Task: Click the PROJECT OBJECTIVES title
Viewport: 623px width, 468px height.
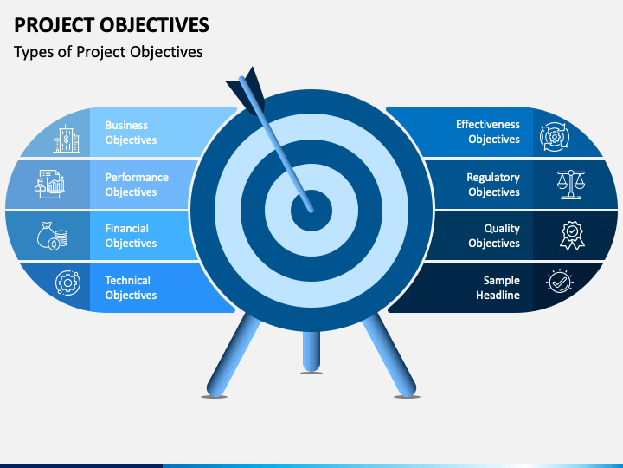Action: (112, 25)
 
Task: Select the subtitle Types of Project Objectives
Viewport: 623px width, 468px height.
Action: (108, 52)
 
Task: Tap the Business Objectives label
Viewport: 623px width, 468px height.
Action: (131, 133)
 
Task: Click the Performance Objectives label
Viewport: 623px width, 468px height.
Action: (137, 185)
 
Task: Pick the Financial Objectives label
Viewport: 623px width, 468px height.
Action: (131, 236)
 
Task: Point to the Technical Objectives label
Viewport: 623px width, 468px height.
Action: (131, 288)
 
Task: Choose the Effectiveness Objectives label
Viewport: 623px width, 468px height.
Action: (487, 132)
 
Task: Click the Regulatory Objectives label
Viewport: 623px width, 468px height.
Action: (493, 185)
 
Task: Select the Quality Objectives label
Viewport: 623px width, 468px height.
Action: (494, 236)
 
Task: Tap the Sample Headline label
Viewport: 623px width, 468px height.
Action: (498, 288)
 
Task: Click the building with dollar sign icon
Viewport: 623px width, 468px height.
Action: (67, 139)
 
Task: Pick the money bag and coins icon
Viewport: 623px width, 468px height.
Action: (52, 236)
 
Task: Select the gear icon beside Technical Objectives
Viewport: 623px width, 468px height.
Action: (68, 283)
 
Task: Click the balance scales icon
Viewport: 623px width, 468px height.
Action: (571, 185)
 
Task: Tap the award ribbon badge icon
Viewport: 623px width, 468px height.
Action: (572, 236)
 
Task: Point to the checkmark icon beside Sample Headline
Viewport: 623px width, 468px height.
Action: (560, 282)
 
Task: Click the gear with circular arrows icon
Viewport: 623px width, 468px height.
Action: (555, 137)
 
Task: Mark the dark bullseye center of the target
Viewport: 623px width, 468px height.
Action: (311, 211)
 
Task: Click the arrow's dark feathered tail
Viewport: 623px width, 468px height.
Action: (247, 90)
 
